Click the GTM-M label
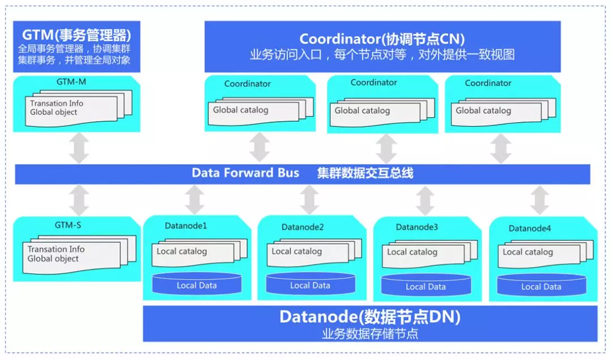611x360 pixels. click(71, 82)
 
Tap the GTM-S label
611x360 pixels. click(68, 225)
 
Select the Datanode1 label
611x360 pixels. click(186, 226)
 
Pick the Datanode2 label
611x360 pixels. click(303, 227)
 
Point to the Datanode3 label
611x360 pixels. click(417, 227)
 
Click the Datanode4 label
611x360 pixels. click(530, 228)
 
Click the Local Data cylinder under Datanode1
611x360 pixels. click(197, 284)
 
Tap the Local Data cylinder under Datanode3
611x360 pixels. click(426, 285)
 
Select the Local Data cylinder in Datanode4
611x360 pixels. click(541, 285)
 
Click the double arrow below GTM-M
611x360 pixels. click(79, 148)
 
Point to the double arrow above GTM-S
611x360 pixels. click(79, 200)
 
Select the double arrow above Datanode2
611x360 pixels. click(310, 200)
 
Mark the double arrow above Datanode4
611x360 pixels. click(540, 200)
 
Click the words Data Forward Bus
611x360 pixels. click(246, 173)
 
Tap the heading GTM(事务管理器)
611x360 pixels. click(76, 35)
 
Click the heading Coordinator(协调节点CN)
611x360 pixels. click(382, 39)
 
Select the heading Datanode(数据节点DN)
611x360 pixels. click(370, 317)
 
